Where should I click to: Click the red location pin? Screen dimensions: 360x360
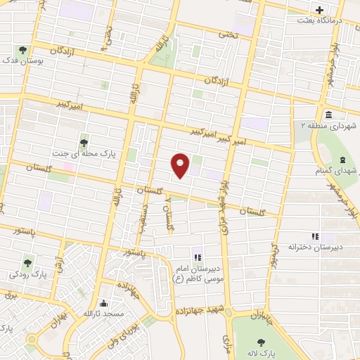[181, 165]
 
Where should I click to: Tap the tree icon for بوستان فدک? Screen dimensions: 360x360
[23, 51]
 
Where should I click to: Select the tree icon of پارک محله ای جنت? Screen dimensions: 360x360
[85, 139]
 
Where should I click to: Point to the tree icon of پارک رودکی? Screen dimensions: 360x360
[27, 263]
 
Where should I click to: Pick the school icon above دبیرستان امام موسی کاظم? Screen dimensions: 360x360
[197, 258]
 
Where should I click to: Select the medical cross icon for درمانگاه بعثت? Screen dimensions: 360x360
[320, 11]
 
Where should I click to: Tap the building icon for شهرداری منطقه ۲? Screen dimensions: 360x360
[328, 115]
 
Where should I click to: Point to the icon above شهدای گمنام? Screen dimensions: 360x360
[342, 161]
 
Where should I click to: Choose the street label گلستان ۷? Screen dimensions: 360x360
[168, 212]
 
